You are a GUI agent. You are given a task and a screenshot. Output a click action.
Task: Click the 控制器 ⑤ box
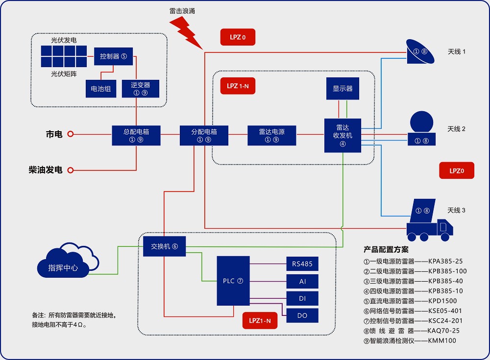pos(113,56)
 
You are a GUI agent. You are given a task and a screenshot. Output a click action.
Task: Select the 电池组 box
pos(100,89)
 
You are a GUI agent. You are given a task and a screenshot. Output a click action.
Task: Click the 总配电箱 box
pos(136,135)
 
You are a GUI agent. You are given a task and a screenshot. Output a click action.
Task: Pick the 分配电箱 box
pos(204,135)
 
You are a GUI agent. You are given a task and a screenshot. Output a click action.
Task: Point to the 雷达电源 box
pos(271,135)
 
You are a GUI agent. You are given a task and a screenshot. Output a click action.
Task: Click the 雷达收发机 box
pos(343,135)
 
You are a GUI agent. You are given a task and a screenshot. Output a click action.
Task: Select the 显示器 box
pos(343,89)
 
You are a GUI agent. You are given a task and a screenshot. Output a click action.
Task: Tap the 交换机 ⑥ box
pos(164,247)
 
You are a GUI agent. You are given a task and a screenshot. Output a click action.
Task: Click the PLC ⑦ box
pos(233,281)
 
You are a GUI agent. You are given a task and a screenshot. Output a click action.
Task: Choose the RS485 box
pos(302,264)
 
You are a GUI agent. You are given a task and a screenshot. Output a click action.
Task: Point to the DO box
pos(302,315)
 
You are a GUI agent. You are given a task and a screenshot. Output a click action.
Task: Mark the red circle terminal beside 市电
pos(71,134)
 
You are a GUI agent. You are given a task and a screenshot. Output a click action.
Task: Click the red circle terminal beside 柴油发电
pos(71,170)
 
